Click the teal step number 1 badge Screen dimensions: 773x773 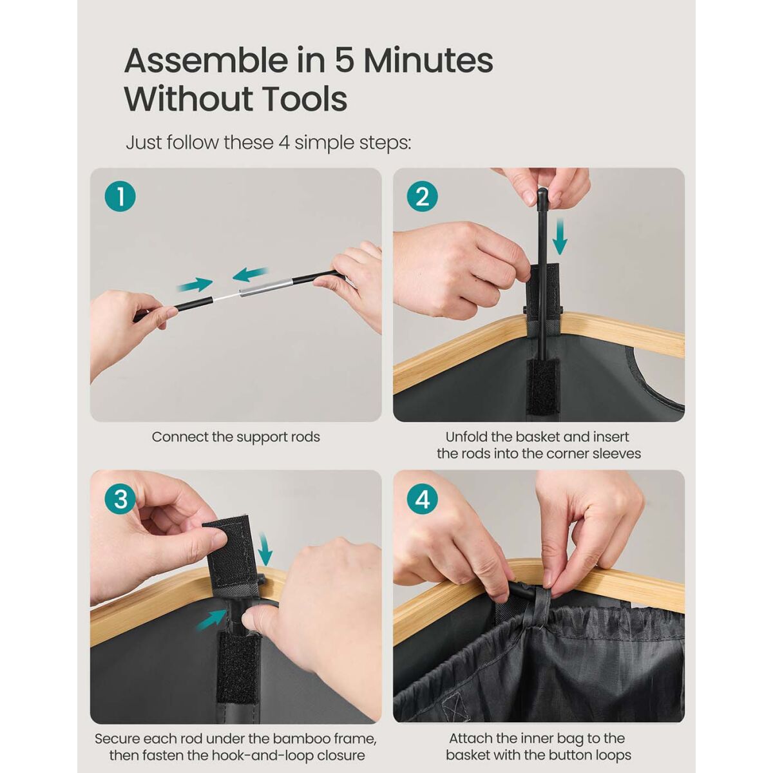click(120, 196)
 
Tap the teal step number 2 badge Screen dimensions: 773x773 click(423, 196)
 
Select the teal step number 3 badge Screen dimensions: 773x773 click(120, 499)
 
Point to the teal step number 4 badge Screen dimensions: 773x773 click(423, 499)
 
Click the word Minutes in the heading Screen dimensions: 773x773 click(428, 61)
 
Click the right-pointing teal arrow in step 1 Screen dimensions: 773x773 click(195, 285)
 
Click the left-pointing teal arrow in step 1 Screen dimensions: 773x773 click(249, 274)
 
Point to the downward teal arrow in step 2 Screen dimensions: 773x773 click(560, 236)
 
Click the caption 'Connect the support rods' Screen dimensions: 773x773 click(236, 437)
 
